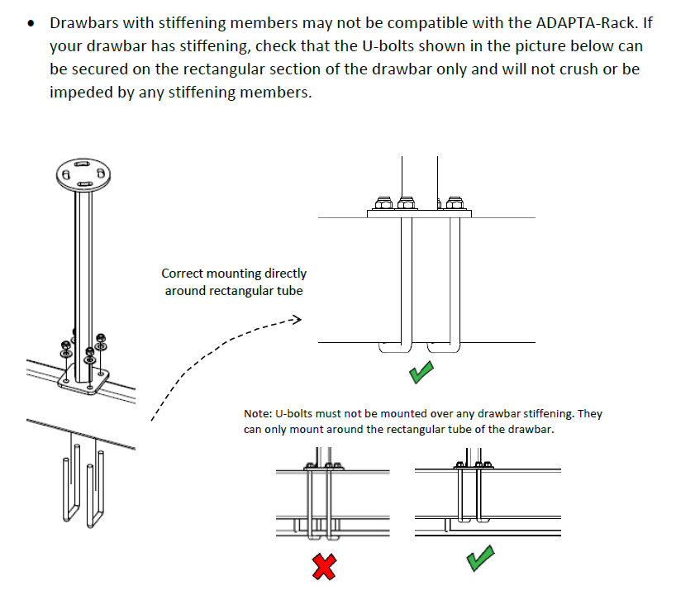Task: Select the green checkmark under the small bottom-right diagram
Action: (x=481, y=558)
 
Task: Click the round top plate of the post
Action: (x=83, y=174)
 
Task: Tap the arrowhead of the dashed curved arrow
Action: (x=297, y=320)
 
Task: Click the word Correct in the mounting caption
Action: (x=184, y=273)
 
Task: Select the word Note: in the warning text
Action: (x=259, y=413)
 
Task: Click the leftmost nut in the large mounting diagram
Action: (x=383, y=202)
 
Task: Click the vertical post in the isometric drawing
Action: (x=83, y=264)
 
